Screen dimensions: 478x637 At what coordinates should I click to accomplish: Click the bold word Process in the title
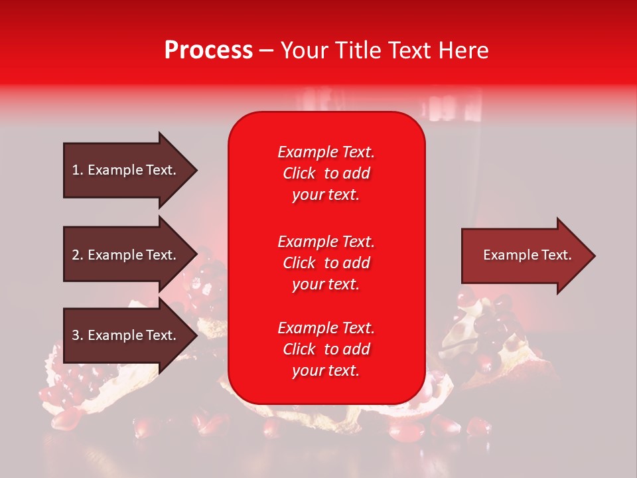[208, 50]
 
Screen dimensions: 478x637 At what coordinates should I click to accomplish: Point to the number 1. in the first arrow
[77, 170]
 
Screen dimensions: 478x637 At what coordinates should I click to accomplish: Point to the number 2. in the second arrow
[77, 255]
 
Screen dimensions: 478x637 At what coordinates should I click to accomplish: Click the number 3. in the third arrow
[77, 335]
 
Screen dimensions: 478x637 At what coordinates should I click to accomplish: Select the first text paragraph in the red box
[326, 173]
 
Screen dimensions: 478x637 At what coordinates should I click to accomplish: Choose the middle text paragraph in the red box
[326, 263]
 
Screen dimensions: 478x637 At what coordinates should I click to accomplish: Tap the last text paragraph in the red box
[326, 349]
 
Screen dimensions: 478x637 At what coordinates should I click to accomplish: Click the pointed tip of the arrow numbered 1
[195, 171]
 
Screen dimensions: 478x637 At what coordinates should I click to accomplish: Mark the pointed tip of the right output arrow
[593, 256]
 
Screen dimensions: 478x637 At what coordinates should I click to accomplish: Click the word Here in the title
[464, 50]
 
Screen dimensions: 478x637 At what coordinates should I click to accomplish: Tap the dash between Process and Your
[267, 50]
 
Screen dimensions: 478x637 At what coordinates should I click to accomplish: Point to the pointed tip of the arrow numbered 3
[195, 336]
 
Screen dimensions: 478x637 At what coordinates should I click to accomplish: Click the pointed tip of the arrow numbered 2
[195, 255]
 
